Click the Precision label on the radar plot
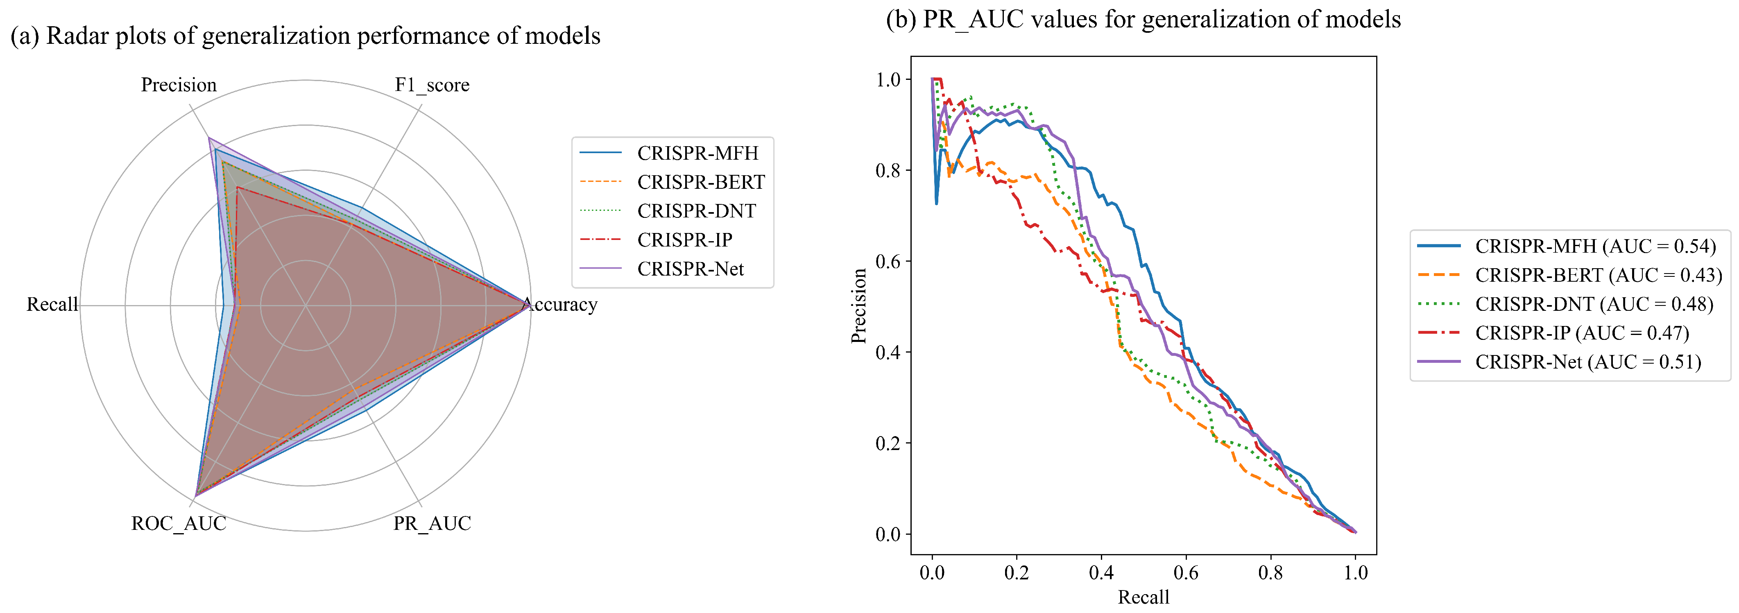(x=179, y=85)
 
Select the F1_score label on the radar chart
(x=432, y=85)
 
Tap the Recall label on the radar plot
(x=52, y=305)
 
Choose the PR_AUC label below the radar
(x=432, y=523)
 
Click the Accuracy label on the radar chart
(x=560, y=305)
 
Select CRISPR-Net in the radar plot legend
(x=690, y=269)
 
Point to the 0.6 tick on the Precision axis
(x=888, y=261)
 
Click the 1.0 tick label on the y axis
(x=888, y=80)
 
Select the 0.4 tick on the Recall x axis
(x=1101, y=573)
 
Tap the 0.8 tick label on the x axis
(x=1270, y=573)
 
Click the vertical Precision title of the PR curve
(x=859, y=306)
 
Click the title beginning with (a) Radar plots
(x=305, y=36)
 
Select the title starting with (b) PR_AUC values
(x=1143, y=20)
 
